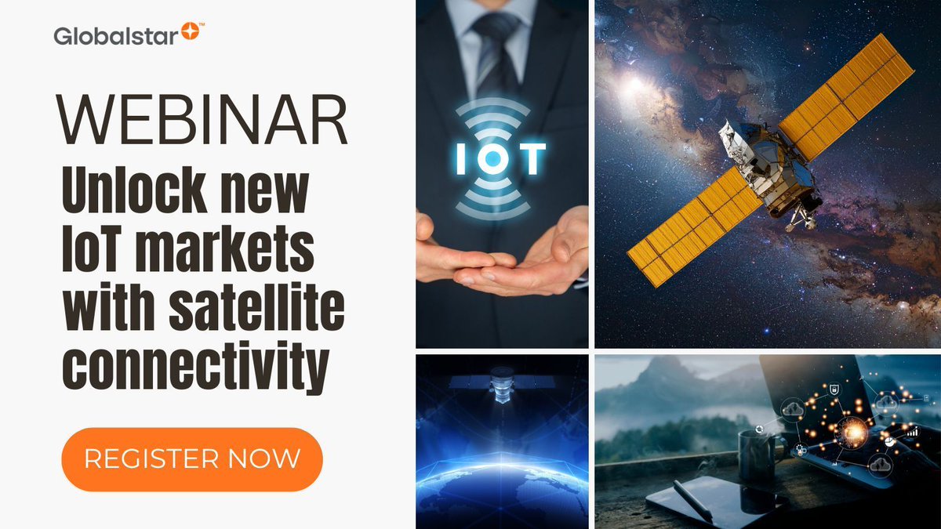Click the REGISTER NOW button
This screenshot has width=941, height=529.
click(x=192, y=458)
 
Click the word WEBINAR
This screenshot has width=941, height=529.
click(x=202, y=121)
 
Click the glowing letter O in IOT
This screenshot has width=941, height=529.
click(x=495, y=158)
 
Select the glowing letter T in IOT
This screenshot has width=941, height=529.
click(x=529, y=158)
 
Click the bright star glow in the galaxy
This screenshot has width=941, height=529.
click(x=632, y=82)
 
